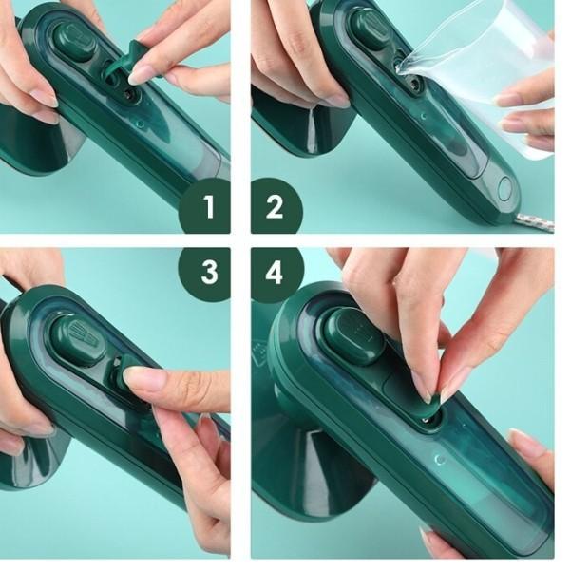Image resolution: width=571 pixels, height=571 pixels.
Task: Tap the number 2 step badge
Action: tap(276, 204)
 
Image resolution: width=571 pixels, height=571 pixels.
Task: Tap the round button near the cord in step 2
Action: tap(504, 187)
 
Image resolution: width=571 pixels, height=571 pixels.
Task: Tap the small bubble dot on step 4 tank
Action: tap(438, 459)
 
